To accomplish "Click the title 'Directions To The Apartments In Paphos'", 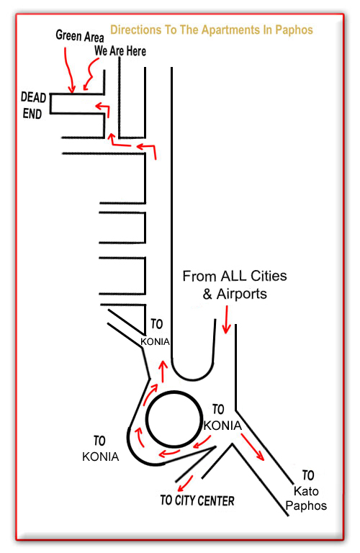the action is pyautogui.click(x=212, y=30).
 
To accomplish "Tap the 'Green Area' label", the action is pyautogui.click(x=80, y=36).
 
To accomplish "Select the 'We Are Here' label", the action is pyautogui.click(x=120, y=51).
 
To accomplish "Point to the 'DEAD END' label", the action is pyautogui.click(x=33, y=105).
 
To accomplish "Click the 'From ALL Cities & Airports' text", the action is pyautogui.click(x=235, y=284).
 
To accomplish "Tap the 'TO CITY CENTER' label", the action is pyautogui.click(x=197, y=500).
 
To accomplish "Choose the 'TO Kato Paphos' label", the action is pyautogui.click(x=306, y=490).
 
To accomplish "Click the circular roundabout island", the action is pyautogui.click(x=174, y=419).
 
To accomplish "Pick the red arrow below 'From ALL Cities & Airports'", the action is pyautogui.click(x=226, y=320).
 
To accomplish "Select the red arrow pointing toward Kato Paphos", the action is pyautogui.click(x=253, y=447).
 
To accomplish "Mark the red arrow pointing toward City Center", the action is pyautogui.click(x=185, y=484).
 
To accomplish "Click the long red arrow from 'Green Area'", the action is pyautogui.click(x=69, y=71).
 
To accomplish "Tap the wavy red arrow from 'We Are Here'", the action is pyautogui.click(x=91, y=74).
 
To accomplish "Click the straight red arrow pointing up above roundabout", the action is pyautogui.click(x=163, y=371).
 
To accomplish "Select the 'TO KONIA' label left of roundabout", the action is pyautogui.click(x=101, y=449).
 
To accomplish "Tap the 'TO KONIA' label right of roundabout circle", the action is pyautogui.click(x=222, y=418).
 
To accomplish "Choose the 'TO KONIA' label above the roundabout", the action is pyautogui.click(x=155, y=333).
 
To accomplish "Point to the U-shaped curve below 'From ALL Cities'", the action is pyautogui.click(x=192, y=379).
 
